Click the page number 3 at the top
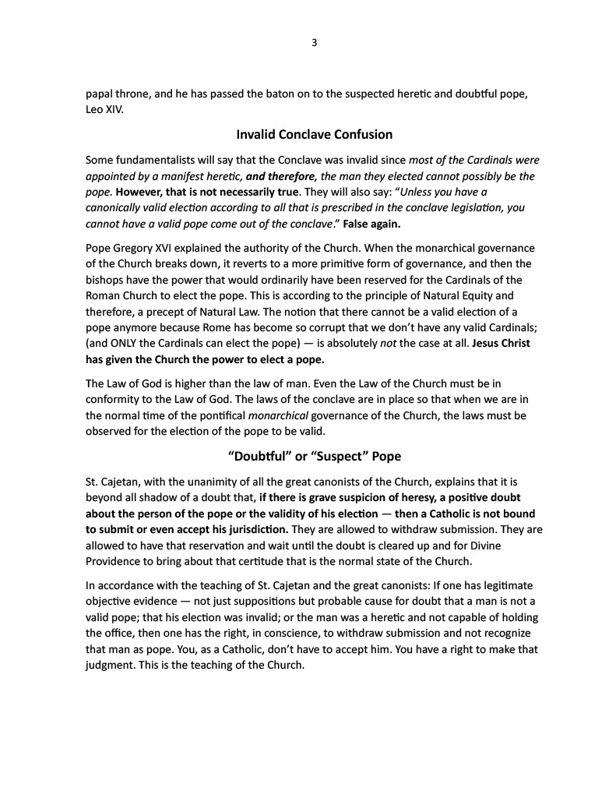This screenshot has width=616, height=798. [x=313, y=43]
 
